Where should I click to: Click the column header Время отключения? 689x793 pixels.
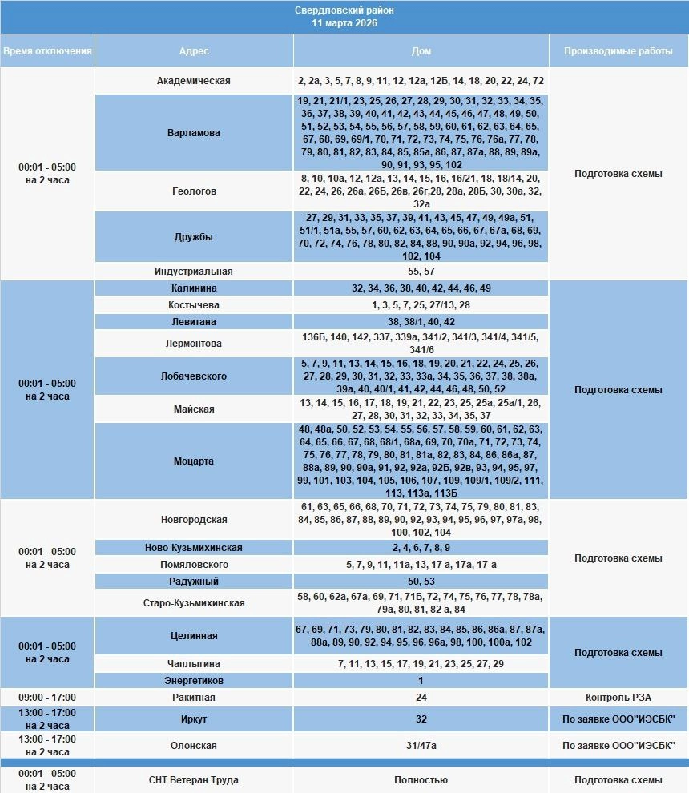(47, 51)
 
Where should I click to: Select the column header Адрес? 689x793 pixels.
(194, 51)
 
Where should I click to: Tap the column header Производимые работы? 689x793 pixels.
(618, 51)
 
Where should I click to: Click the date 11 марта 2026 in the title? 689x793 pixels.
(344, 23)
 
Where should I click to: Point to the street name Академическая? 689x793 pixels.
(194, 81)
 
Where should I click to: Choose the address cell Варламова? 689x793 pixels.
(194, 133)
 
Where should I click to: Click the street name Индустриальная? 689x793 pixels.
(194, 272)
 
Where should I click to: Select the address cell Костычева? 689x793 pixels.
(194, 305)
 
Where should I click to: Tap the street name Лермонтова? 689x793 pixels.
(194, 344)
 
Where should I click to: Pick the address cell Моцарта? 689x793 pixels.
(194, 461)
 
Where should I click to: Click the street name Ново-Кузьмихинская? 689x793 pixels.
(194, 548)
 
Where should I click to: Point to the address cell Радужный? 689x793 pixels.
(194, 582)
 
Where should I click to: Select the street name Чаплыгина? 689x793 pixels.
(194, 664)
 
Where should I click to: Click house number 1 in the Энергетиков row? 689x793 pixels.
(421, 681)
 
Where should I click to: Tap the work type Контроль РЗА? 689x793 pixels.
(618, 698)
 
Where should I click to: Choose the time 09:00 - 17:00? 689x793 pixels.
(47, 698)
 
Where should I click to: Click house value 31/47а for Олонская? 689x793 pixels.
(421, 746)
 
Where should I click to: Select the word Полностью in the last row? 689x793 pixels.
(421, 780)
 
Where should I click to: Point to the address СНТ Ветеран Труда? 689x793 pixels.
(194, 780)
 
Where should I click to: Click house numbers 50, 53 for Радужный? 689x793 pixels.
(421, 582)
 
